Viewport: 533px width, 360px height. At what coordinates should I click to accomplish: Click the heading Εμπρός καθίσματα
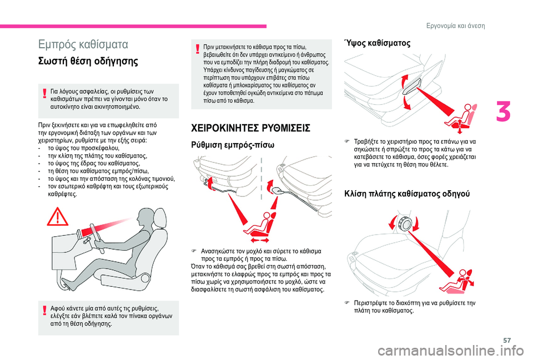click(x=83, y=44)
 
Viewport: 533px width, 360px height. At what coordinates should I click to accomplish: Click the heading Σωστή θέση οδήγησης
click(x=88, y=62)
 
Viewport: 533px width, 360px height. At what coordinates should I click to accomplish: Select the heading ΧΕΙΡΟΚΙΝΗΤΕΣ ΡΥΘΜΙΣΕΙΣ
click(x=251, y=128)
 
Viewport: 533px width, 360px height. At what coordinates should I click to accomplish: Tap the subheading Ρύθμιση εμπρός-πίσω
click(x=233, y=145)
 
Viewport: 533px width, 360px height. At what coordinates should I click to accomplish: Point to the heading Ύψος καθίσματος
click(x=378, y=43)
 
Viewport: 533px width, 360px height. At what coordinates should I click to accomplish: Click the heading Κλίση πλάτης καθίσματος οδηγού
click(x=407, y=194)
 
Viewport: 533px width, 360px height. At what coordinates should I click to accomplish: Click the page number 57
click(x=507, y=340)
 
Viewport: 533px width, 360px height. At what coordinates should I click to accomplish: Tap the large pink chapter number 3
click(x=503, y=113)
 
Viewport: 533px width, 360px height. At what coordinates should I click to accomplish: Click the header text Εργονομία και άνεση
click(x=455, y=26)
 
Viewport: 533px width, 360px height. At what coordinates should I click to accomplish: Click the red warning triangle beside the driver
click(x=58, y=217)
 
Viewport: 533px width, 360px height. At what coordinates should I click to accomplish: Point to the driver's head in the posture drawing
click(x=147, y=220)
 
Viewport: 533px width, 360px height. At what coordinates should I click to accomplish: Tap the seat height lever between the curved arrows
click(x=411, y=87)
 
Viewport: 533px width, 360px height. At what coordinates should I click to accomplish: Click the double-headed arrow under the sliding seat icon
click(x=260, y=240)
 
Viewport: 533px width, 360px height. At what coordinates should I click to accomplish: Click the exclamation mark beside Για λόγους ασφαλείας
click(x=44, y=93)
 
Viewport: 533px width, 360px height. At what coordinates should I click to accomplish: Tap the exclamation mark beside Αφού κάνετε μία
click(x=44, y=311)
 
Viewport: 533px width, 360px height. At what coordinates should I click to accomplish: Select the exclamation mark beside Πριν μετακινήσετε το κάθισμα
click(x=198, y=49)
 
